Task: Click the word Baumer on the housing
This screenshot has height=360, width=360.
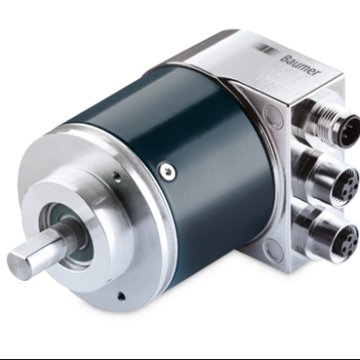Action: (300, 65)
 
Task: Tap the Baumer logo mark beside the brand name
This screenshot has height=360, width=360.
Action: (265, 49)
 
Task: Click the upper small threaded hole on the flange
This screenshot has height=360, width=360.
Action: (118, 177)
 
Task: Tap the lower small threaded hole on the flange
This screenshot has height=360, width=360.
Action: (121, 296)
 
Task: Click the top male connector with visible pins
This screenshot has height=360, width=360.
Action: (347, 132)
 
